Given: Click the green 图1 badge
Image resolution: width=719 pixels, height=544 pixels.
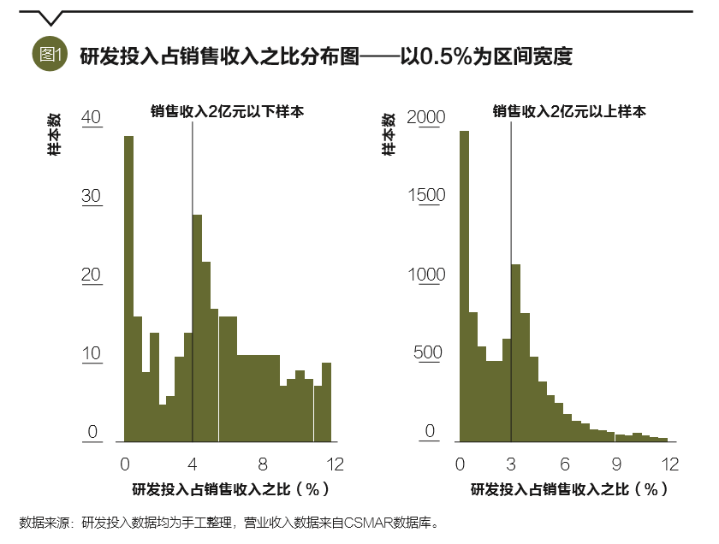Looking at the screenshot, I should click(49, 56).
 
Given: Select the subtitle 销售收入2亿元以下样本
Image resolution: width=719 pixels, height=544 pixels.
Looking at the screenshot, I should click(228, 111).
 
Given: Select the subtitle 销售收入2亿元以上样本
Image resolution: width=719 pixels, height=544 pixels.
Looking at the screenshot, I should click(568, 111).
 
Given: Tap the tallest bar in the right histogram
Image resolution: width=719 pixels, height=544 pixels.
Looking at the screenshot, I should click(464, 286).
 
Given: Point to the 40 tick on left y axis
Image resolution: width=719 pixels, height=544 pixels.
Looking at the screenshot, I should click(92, 117).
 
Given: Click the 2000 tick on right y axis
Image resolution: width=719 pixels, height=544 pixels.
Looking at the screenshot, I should click(426, 117).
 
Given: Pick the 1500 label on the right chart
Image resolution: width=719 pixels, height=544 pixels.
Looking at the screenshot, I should click(426, 195).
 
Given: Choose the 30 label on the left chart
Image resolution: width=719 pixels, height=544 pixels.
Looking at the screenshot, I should click(92, 196).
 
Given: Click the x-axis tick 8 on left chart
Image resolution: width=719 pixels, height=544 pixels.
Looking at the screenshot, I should click(263, 464).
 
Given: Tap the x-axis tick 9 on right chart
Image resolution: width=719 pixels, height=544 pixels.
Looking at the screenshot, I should click(617, 464).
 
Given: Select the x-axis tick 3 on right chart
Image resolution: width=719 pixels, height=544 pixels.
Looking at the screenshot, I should click(512, 464).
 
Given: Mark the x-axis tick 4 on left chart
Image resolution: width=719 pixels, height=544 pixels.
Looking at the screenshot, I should click(193, 464).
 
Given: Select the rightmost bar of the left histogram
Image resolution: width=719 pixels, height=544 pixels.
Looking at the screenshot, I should click(326, 401).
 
